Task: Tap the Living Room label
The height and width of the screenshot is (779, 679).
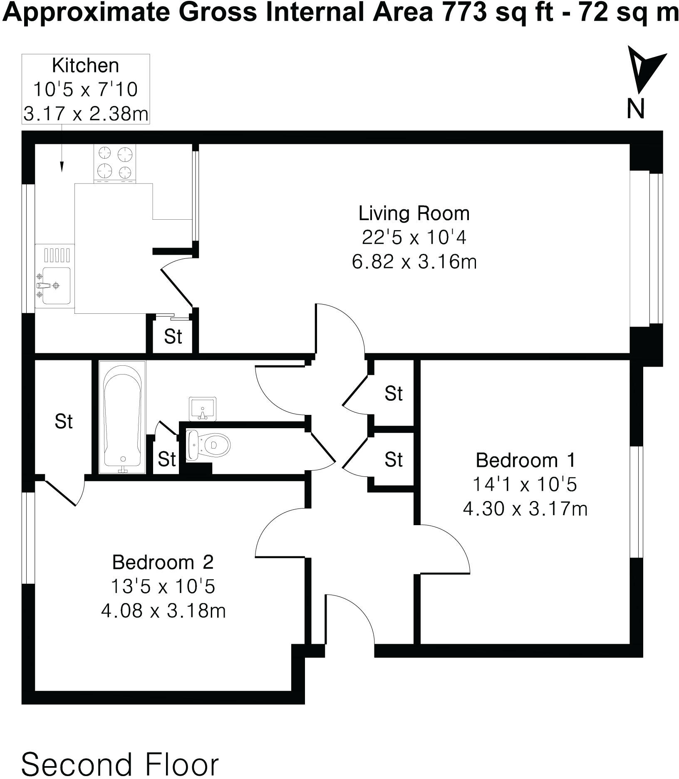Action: pyautogui.click(x=414, y=213)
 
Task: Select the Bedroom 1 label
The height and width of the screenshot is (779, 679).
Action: pyautogui.click(x=525, y=460)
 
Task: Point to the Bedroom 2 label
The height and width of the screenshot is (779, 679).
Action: pyautogui.click(x=163, y=562)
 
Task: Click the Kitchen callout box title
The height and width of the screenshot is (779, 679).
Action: pyautogui.click(x=85, y=66)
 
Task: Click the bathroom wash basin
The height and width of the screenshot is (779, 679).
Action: pyautogui.click(x=203, y=409)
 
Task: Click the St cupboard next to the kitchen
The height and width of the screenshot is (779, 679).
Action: pyautogui.click(x=173, y=337)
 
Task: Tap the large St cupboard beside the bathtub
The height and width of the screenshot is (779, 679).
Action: pyautogui.click(x=63, y=421)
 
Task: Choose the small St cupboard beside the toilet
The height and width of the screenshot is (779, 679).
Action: pyautogui.click(x=166, y=459)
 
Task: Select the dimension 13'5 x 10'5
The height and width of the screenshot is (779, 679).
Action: pyautogui.click(x=163, y=587)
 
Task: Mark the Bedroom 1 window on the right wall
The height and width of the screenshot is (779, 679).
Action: pyautogui.click(x=637, y=502)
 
